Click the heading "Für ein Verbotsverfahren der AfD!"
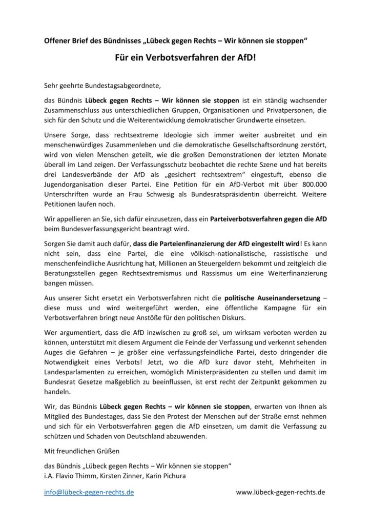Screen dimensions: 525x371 (185, 59)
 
